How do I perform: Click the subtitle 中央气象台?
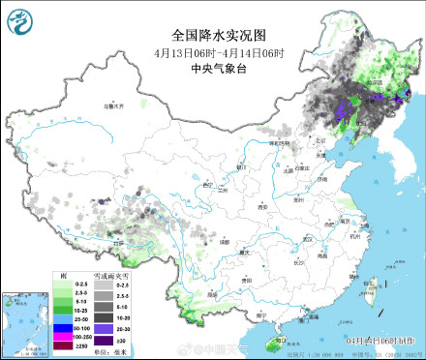click(213, 67)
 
